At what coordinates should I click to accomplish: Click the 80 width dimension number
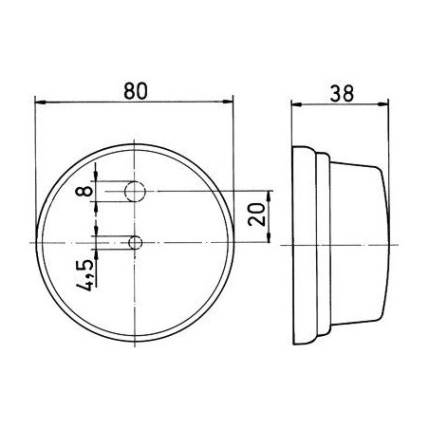coord(135,92)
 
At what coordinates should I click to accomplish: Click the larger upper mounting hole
coord(136,192)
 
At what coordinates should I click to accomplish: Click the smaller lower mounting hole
coord(136,243)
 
